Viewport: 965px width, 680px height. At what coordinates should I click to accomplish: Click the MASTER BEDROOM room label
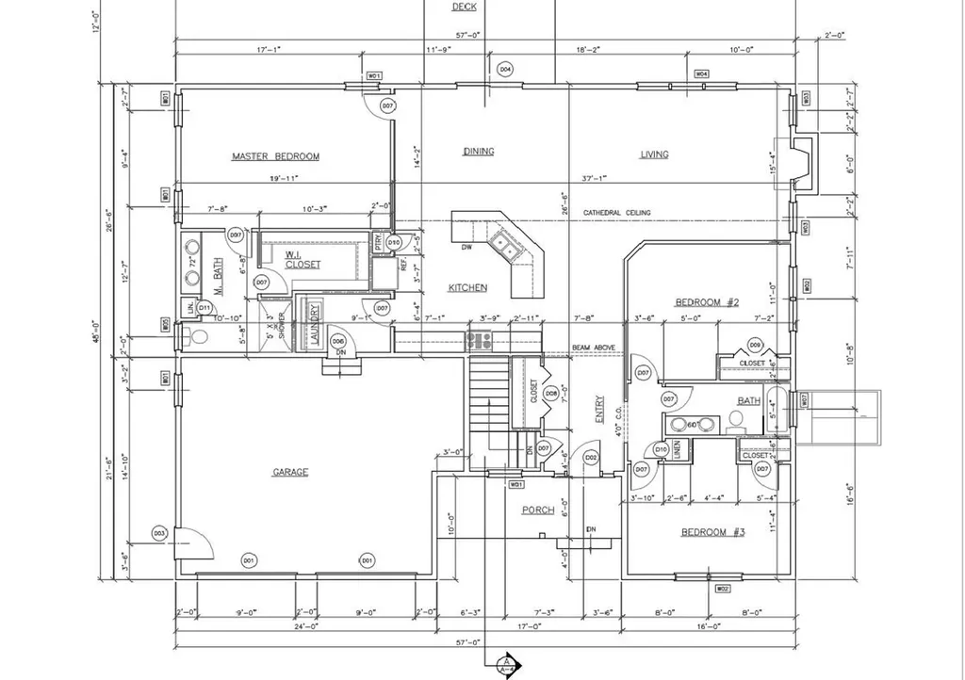point(275,156)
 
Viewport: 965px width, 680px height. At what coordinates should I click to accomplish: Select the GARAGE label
point(291,472)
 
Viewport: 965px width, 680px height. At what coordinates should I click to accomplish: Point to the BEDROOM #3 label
point(712,532)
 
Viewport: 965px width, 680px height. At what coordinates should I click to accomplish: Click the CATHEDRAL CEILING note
point(616,213)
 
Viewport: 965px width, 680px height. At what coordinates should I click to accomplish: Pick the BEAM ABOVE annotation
point(594,348)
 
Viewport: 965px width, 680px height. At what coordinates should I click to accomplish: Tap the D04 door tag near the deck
point(505,70)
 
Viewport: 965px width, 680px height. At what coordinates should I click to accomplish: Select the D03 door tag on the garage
point(159,534)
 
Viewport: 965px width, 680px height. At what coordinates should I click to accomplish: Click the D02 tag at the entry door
point(591,458)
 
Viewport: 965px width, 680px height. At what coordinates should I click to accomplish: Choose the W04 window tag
point(701,73)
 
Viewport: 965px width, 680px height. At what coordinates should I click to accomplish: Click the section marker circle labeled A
point(506,664)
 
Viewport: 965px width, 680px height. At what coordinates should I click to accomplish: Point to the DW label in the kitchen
point(466,249)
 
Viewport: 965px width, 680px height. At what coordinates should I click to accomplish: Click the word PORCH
point(538,510)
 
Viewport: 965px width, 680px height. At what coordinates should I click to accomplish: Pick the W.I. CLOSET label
point(303,259)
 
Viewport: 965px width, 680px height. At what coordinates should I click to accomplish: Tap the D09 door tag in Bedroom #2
point(755,345)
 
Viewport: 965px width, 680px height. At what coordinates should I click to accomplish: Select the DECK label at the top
point(464,7)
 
